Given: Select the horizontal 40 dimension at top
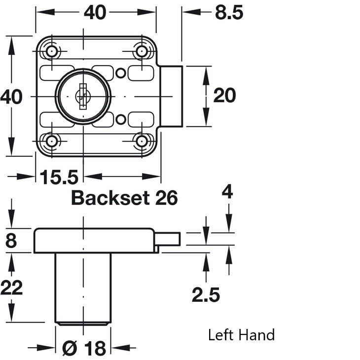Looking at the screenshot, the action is pyautogui.click(x=95, y=12).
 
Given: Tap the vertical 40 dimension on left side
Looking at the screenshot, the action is pyautogui.click(x=11, y=97).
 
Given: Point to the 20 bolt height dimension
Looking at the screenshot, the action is pyautogui.click(x=224, y=96).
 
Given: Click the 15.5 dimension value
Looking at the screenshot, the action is pyautogui.click(x=59, y=177).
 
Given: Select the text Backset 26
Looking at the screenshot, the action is pyautogui.click(x=124, y=198).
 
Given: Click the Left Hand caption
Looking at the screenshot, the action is pyautogui.click(x=241, y=335).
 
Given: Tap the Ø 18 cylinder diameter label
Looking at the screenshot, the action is pyautogui.click(x=84, y=348).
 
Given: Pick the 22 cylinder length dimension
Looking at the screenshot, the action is pyautogui.click(x=11, y=288).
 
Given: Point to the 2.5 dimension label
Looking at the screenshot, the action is pyautogui.click(x=206, y=295).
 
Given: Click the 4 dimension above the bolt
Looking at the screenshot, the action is pyautogui.click(x=227, y=192).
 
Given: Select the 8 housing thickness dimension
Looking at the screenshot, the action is pyautogui.click(x=11, y=241).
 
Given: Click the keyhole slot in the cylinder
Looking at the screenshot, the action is pyautogui.click(x=83, y=97).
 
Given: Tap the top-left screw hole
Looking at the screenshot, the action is pyautogui.click(x=52, y=51).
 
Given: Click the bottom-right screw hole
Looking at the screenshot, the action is pyautogui.click(x=142, y=141).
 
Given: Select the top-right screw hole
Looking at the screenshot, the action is pyautogui.click(x=142, y=51).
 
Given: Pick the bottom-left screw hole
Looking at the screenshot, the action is pyautogui.click(x=52, y=141).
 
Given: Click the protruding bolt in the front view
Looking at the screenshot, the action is pyautogui.click(x=171, y=97).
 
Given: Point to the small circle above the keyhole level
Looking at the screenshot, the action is pyautogui.click(x=120, y=73).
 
